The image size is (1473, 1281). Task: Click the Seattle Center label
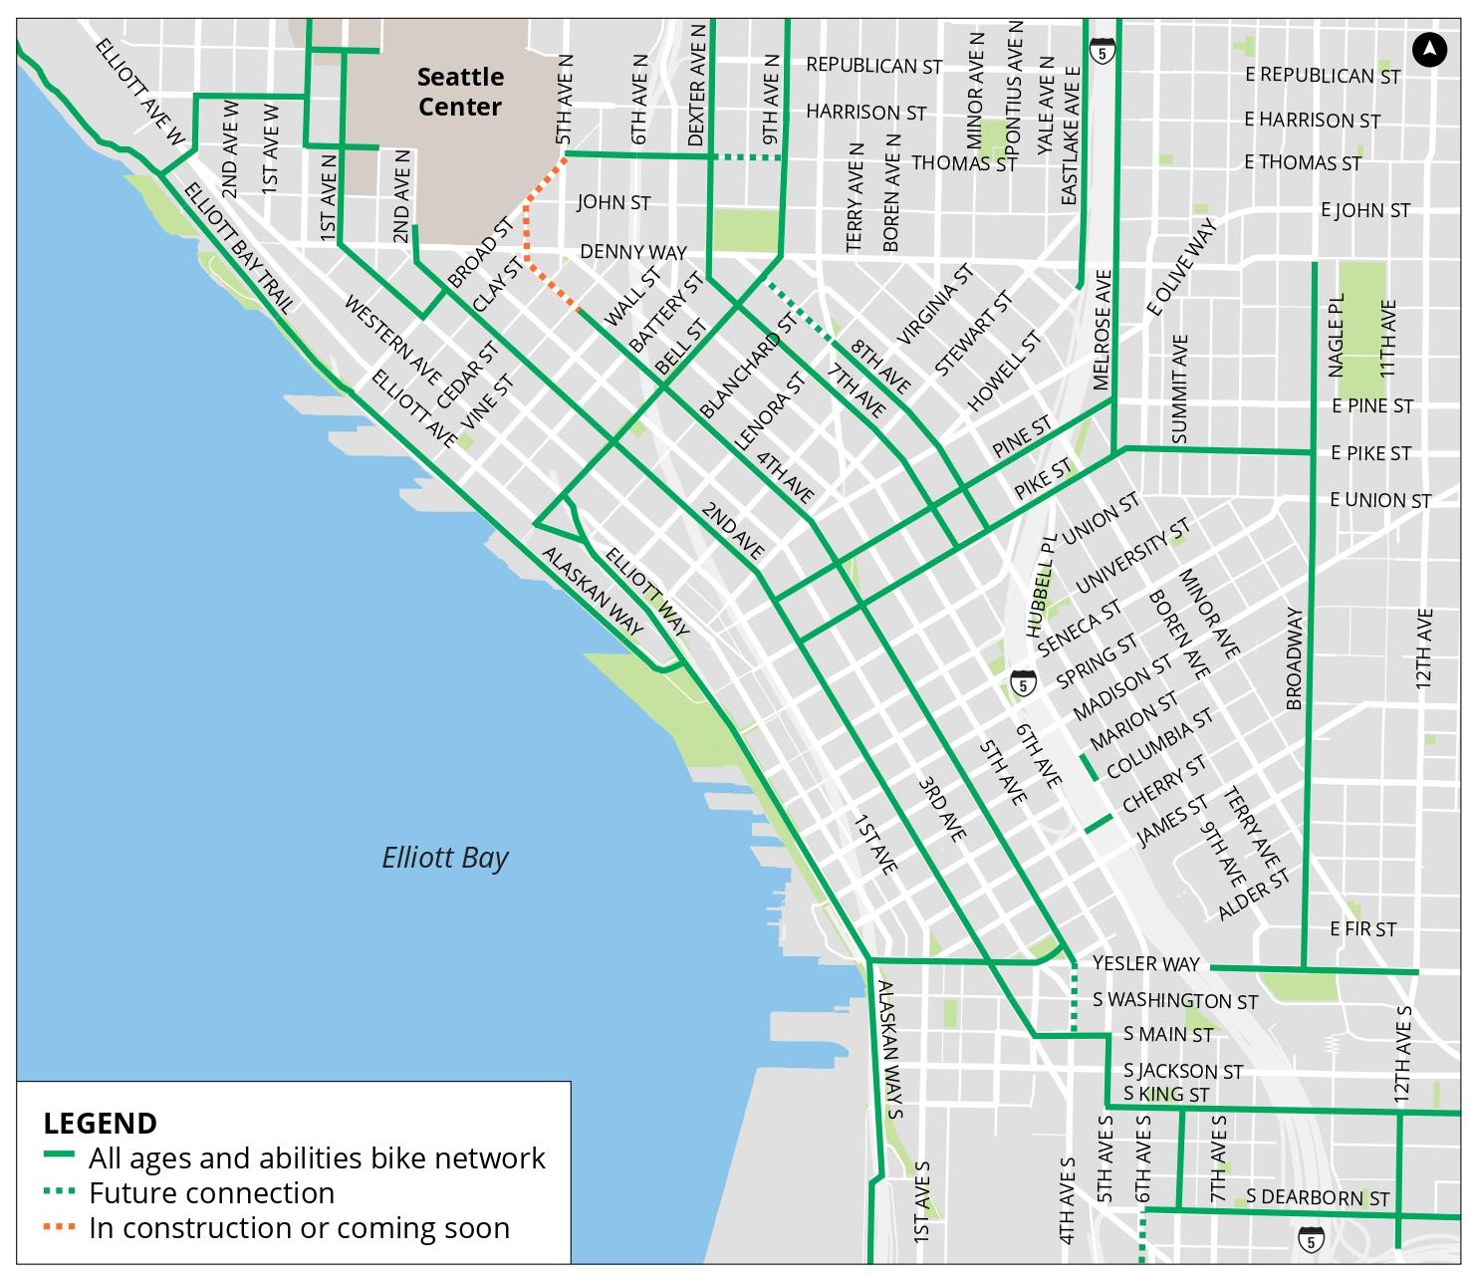[x=459, y=91]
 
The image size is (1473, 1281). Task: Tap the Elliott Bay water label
[x=444, y=858]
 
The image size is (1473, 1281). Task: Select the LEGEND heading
[x=100, y=1123]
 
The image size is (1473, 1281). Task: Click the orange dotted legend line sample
[x=60, y=1227]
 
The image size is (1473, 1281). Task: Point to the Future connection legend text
[x=211, y=1192]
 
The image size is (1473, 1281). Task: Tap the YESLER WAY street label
[x=1145, y=963]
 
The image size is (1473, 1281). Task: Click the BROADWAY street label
[x=1294, y=658]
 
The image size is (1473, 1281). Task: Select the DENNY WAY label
[x=632, y=251]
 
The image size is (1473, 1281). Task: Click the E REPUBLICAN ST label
[x=1322, y=76]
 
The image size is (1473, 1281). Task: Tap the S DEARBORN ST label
[x=1317, y=1197]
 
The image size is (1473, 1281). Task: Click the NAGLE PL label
[x=1337, y=335]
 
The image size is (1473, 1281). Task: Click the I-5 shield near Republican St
[x=1102, y=49]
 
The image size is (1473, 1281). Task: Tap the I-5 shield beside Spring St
[x=1023, y=683]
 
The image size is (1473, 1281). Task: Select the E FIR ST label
[x=1362, y=928]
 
